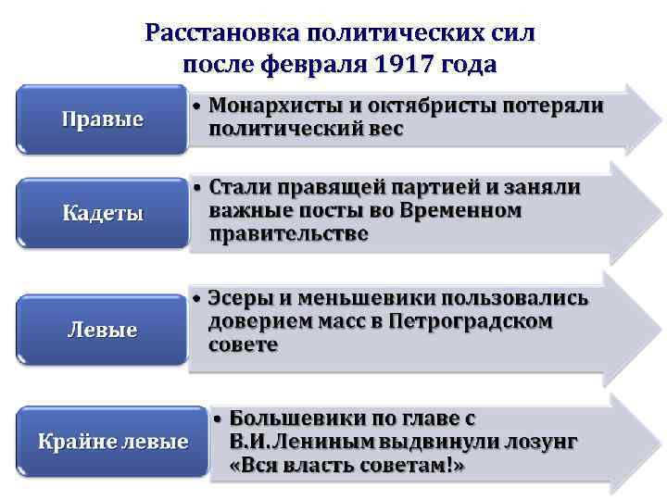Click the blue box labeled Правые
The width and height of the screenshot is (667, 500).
tap(102, 119)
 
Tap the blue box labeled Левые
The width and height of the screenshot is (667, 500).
tap(102, 329)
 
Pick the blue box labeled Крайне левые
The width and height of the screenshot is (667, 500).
tap(112, 441)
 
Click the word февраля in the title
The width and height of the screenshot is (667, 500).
tap(321, 66)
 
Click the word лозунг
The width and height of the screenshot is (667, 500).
tap(541, 441)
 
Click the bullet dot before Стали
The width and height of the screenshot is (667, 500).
tap(197, 188)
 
